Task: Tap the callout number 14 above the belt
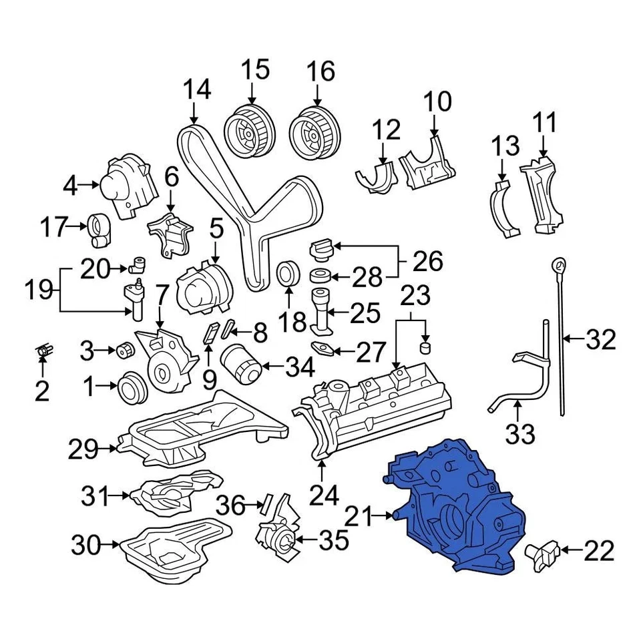point(197,89)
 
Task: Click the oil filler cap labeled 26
point(321,252)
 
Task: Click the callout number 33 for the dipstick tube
point(519,435)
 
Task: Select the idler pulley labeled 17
point(100,230)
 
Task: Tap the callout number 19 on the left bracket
point(39,290)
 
